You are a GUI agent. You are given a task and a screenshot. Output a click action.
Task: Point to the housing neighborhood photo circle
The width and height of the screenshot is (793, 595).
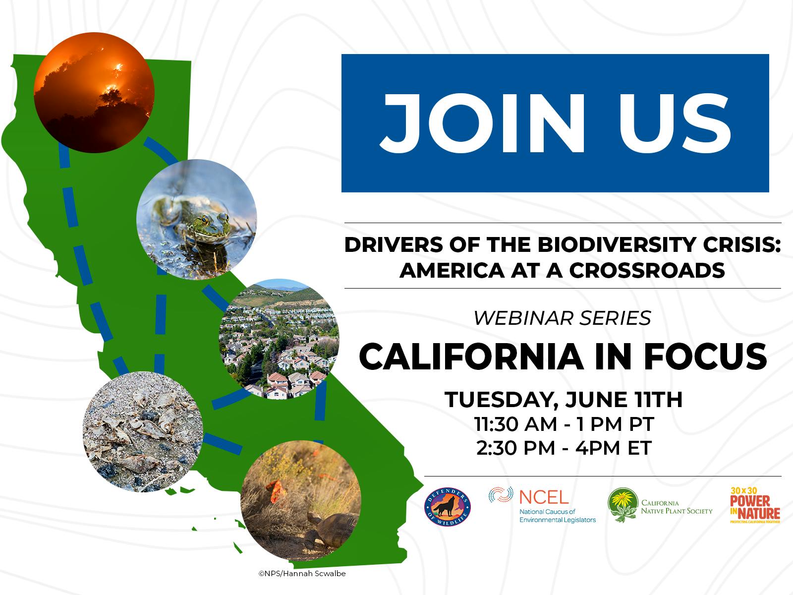(x=279, y=339)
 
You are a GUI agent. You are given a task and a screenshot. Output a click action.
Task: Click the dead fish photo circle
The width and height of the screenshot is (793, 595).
(x=143, y=432)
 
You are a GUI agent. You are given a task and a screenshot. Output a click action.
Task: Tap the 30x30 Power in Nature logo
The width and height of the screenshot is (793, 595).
(x=755, y=505)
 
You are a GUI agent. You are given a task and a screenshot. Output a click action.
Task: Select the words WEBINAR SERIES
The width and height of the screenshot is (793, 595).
(x=562, y=318)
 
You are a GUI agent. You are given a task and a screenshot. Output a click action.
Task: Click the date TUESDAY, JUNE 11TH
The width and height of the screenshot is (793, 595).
(x=563, y=400)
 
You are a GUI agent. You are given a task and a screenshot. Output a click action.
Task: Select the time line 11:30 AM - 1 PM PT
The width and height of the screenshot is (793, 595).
(x=563, y=424)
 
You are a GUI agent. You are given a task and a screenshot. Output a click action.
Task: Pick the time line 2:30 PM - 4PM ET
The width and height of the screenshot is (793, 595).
(x=563, y=448)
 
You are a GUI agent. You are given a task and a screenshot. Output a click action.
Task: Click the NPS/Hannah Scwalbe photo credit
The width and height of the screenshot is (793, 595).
(x=302, y=574)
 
